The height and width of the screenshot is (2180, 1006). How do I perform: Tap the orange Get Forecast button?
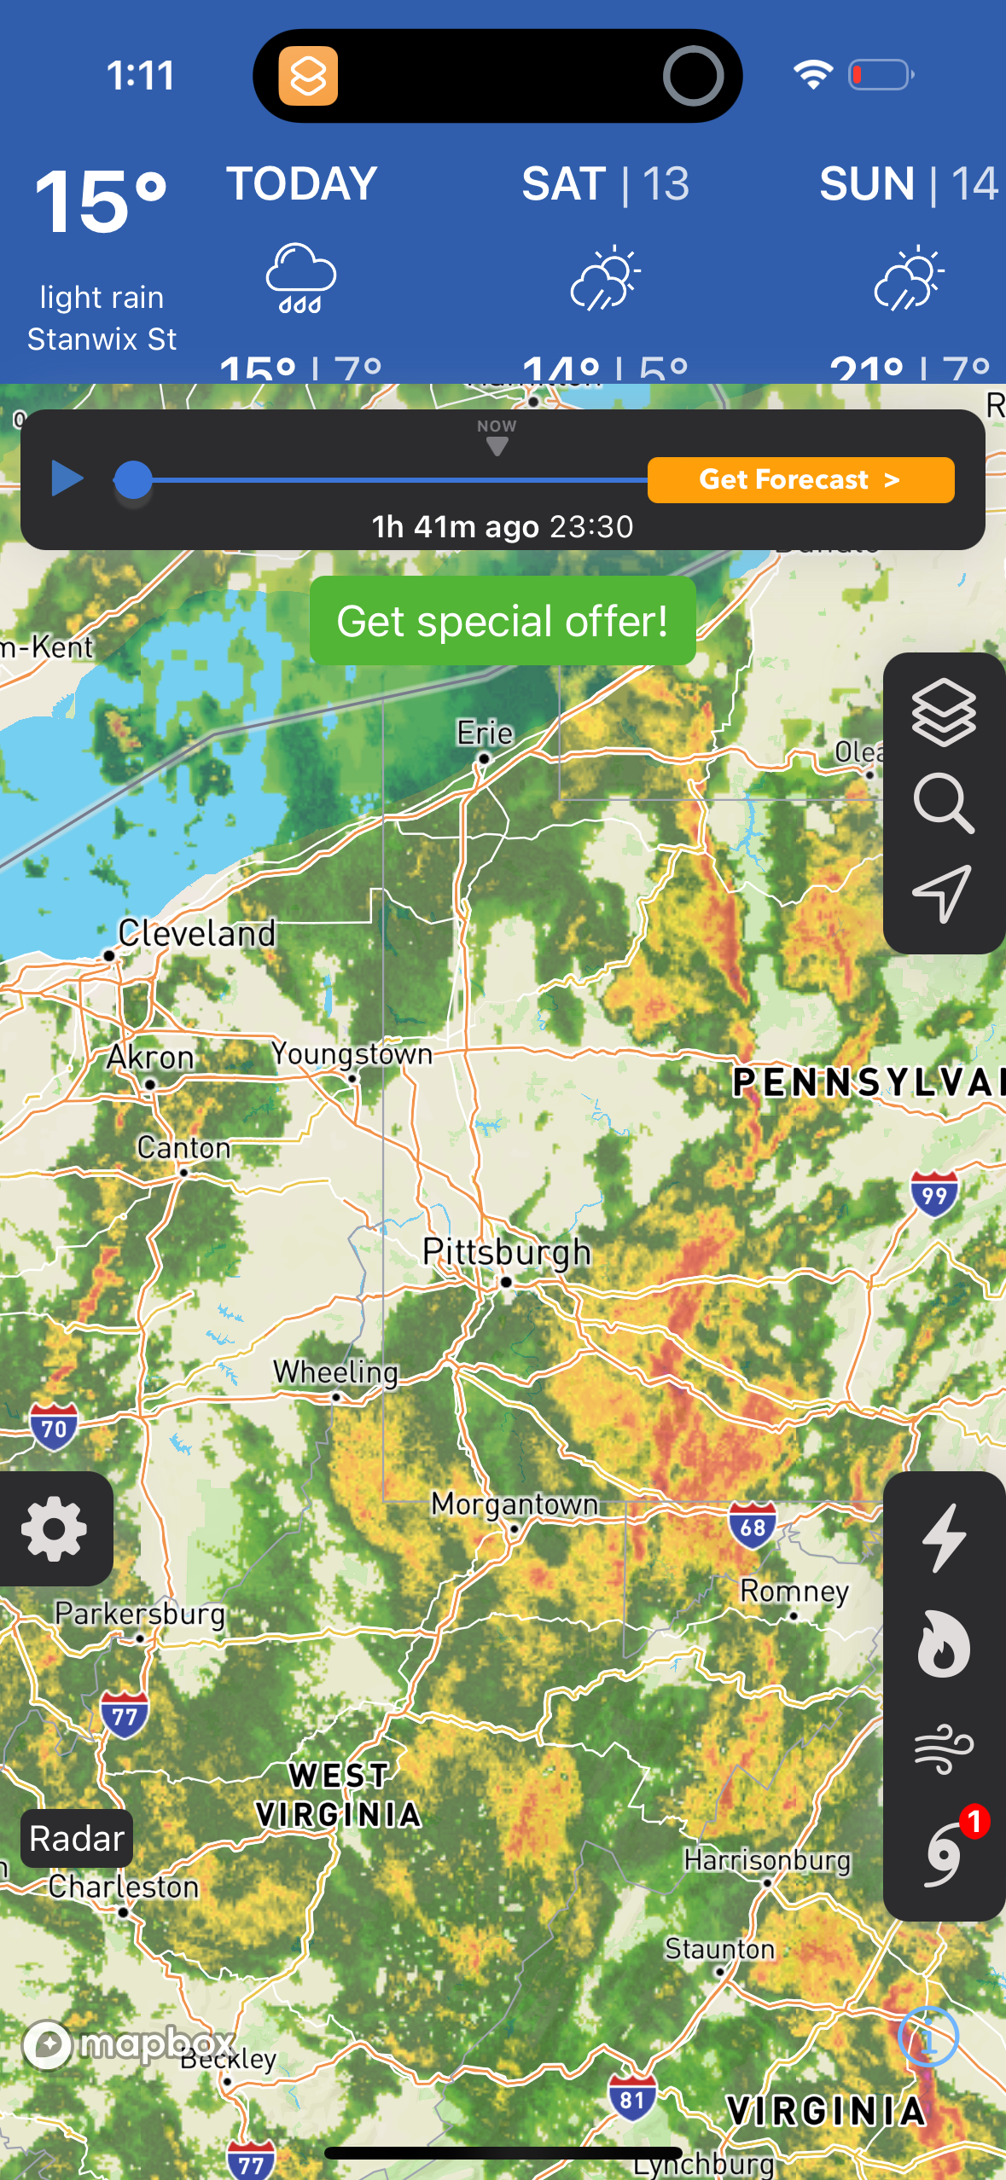(800, 480)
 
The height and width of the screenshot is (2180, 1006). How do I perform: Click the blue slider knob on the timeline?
(133, 479)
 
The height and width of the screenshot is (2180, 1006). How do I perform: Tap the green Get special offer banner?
(503, 621)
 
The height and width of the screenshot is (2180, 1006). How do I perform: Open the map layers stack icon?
(943, 713)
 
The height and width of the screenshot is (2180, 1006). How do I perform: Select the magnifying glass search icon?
(943, 803)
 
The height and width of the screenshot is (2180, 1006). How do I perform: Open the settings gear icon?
(55, 1528)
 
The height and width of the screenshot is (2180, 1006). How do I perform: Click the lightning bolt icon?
(944, 1537)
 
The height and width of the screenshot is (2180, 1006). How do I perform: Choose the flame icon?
(944, 1644)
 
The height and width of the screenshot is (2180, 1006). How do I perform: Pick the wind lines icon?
(944, 1748)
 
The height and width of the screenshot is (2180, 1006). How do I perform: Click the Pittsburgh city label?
(507, 1252)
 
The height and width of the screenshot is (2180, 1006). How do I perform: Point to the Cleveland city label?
(197, 933)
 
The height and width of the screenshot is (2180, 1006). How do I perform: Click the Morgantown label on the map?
(515, 1504)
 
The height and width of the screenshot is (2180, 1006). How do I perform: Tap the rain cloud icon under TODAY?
(301, 278)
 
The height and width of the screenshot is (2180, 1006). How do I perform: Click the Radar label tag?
(77, 1839)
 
